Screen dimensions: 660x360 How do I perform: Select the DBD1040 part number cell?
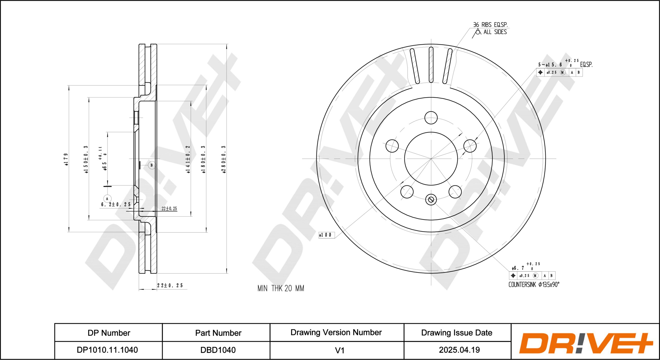[x=218, y=350]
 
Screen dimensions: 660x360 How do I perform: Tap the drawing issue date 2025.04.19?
[x=459, y=350]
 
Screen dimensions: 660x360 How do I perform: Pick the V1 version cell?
[x=340, y=350]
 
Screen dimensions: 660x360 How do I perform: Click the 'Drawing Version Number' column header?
[x=336, y=332]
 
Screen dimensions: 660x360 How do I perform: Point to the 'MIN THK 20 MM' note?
[x=281, y=288]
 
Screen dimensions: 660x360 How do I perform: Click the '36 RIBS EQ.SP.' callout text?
[x=490, y=25]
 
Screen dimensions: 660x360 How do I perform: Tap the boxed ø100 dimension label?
[x=327, y=235]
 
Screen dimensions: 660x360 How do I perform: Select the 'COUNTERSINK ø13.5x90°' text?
[x=534, y=285]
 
